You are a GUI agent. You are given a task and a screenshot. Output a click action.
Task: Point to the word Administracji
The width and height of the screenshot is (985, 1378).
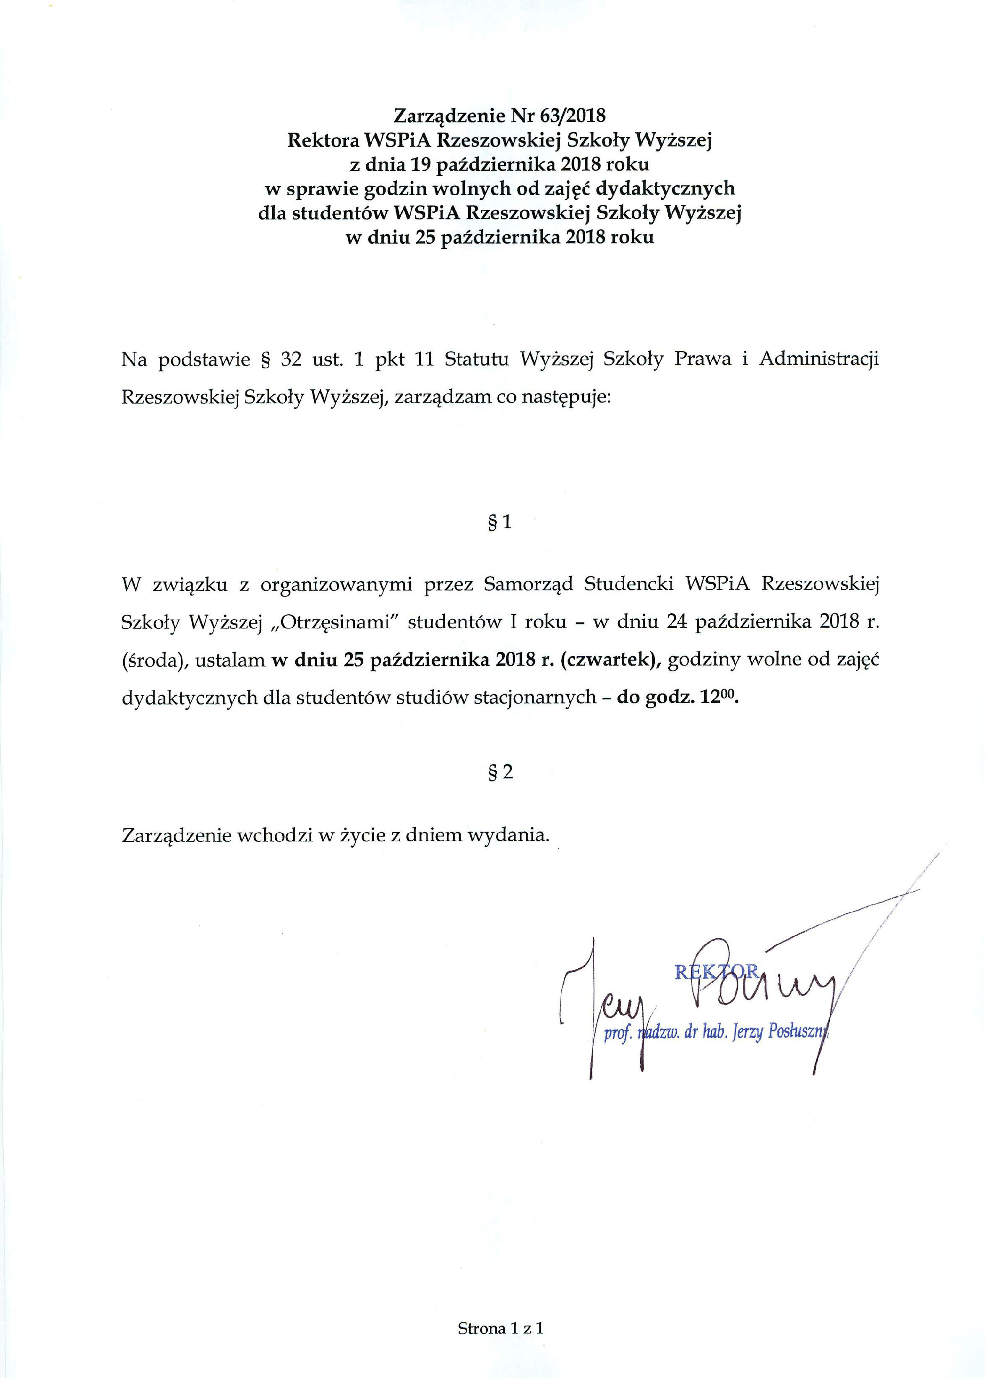819,360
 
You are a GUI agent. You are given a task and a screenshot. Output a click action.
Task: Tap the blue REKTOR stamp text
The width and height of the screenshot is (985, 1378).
717,972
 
